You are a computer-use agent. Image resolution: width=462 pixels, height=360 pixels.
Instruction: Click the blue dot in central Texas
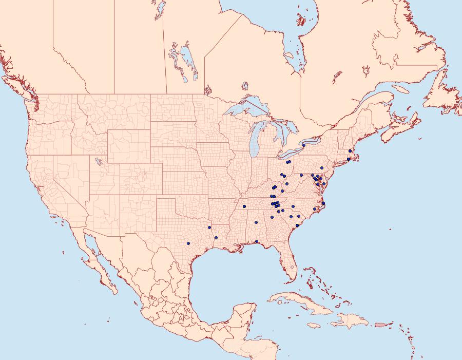click(188, 243)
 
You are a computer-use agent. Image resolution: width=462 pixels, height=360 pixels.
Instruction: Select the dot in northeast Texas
click(209, 227)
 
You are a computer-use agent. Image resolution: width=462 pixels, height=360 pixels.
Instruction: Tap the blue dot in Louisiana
click(216, 237)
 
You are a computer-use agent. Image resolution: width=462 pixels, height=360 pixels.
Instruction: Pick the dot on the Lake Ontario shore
click(304, 145)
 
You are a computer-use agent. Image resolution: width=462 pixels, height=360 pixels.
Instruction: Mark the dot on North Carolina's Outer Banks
click(323, 204)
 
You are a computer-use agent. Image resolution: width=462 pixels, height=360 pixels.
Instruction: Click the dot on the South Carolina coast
click(297, 225)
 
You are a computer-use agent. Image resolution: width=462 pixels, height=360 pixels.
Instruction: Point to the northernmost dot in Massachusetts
click(350, 150)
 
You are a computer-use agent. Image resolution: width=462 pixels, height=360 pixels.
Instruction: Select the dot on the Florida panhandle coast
click(256, 241)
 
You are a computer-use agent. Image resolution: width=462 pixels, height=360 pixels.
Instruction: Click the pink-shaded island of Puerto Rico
click(380, 324)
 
